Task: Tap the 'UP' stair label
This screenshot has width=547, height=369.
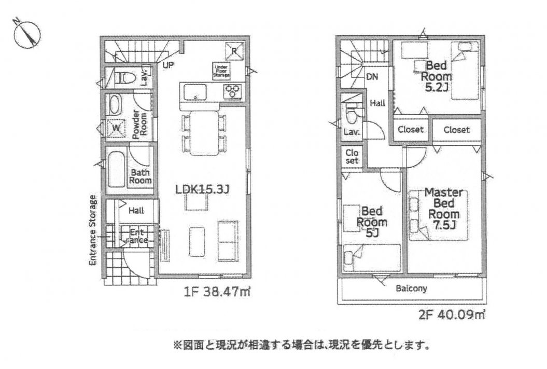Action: tap(169, 65)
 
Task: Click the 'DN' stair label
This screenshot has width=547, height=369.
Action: tap(372, 77)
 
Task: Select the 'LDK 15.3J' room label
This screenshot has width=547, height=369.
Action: tap(202, 189)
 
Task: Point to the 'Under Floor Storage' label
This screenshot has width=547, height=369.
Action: tap(220, 71)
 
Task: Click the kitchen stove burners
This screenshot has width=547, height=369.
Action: tap(233, 91)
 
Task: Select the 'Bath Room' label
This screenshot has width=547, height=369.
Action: tap(140, 176)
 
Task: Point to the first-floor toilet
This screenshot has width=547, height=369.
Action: tap(125, 78)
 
